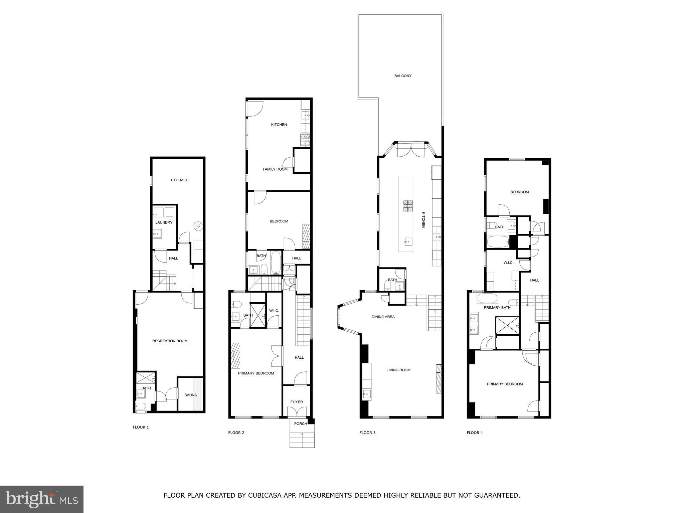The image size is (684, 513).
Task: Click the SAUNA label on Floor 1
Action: pyautogui.click(x=190, y=395)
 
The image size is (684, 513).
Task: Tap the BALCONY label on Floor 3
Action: pyautogui.click(x=403, y=76)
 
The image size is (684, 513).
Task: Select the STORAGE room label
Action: pyautogui.click(x=180, y=180)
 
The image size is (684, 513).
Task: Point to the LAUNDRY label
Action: pyautogui.click(x=164, y=222)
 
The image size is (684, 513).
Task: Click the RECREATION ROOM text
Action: pyautogui.click(x=170, y=341)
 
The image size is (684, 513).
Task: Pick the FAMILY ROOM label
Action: pyautogui.click(x=275, y=169)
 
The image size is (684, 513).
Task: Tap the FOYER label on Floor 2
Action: pyautogui.click(x=297, y=402)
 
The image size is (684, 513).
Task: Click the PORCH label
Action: pyautogui.click(x=300, y=424)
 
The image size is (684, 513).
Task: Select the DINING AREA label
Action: pyautogui.click(x=383, y=317)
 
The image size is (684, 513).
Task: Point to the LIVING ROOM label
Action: pyautogui.click(x=398, y=370)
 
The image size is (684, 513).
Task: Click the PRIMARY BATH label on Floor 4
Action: pyautogui.click(x=497, y=308)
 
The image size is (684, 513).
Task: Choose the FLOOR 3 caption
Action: pyautogui.click(x=367, y=433)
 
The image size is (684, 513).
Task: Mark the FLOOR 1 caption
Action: pyautogui.click(x=141, y=427)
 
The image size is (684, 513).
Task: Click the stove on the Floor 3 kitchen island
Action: pyautogui.click(x=407, y=206)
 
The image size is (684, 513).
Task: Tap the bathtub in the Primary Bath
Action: pyautogui.click(x=487, y=298)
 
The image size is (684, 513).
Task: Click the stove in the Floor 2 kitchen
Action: pyautogui.click(x=305, y=140)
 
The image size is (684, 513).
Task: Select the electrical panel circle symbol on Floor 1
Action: pyautogui.click(x=198, y=226)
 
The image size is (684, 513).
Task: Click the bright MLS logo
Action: pyautogui.click(x=42, y=499)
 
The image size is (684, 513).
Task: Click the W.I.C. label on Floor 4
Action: pyautogui.click(x=508, y=263)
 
